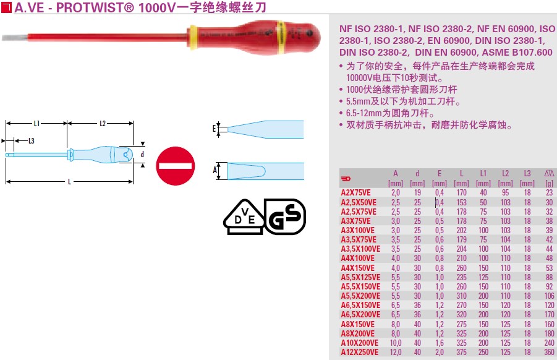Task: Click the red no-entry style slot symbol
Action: tap(175, 166)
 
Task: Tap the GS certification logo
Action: tap(285, 216)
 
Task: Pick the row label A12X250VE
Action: tap(360, 352)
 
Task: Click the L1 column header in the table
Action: tap(483, 174)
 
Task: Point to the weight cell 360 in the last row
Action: tap(549, 352)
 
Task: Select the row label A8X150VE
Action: tap(358, 324)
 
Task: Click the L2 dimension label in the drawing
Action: tap(103, 123)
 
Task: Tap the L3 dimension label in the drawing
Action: tap(30, 140)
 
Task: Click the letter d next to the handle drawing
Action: tap(142, 154)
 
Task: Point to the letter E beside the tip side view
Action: tap(215, 129)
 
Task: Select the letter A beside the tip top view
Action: tap(215, 169)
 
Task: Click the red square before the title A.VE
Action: tap(6, 7)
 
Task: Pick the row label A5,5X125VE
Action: tap(360, 277)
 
